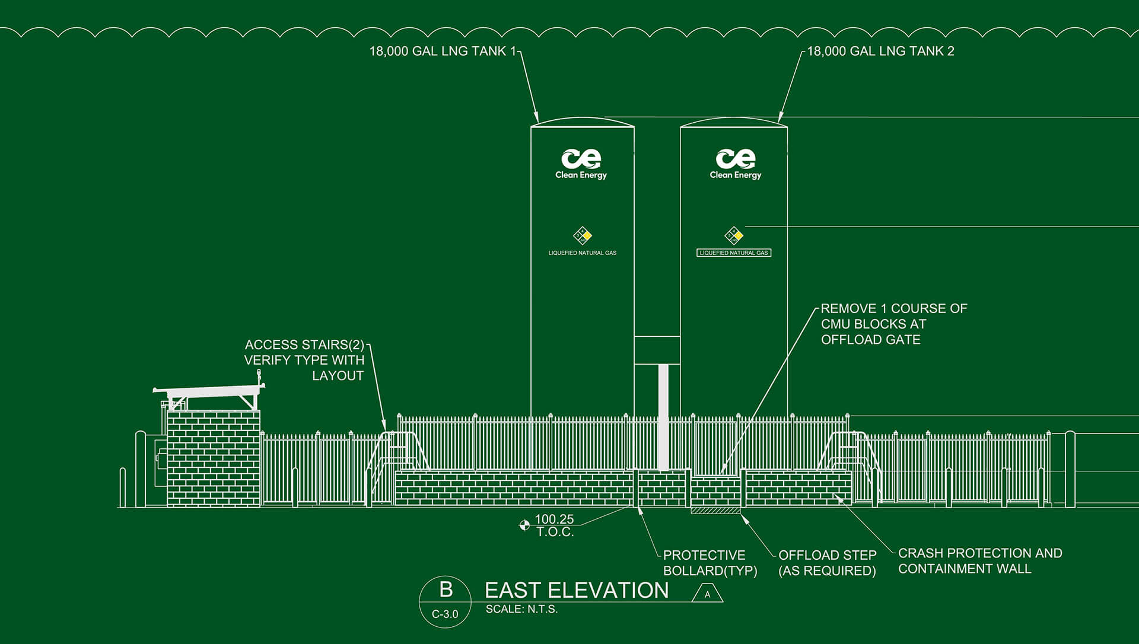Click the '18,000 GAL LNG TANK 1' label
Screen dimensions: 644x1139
(x=443, y=52)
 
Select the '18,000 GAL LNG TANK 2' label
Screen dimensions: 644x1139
(x=880, y=52)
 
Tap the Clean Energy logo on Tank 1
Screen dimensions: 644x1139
(x=581, y=163)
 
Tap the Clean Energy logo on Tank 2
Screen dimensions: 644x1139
(x=736, y=163)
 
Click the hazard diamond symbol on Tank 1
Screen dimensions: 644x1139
(x=583, y=235)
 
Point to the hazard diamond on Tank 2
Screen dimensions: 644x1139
(x=734, y=235)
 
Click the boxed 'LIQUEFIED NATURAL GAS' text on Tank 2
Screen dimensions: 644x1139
(x=734, y=253)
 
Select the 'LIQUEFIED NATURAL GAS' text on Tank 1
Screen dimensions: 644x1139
(x=582, y=253)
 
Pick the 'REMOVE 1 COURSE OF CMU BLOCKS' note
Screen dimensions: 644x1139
(x=893, y=324)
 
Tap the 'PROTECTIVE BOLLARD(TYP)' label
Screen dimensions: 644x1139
(x=710, y=563)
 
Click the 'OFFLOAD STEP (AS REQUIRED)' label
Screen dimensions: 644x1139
(x=827, y=563)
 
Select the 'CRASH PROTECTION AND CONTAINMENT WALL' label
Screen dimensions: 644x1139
(x=979, y=560)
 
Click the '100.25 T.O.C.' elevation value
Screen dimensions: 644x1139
(x=555, y=525)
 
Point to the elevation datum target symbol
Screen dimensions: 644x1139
(x=524, y=525)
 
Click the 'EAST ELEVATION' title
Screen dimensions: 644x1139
(x=577, y=590)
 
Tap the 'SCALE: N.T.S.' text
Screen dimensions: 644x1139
(x=521, y=609)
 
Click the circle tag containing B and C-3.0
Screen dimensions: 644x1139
(x=446, y=601)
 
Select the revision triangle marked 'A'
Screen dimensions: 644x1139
(x=707, y=594)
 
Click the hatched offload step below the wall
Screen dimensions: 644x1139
(x=715, y=511)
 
